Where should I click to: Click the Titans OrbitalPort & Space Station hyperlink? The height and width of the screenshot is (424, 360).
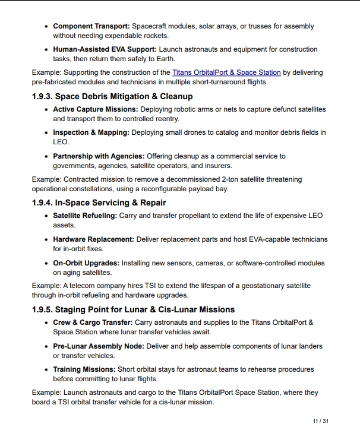[226, 72]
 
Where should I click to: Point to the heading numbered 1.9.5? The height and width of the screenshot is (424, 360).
[133, 309]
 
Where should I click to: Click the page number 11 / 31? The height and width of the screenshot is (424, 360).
[321, 420]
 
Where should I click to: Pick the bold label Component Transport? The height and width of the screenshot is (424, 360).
[91, 26]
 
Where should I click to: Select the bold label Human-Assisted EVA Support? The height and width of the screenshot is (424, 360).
[105, 49]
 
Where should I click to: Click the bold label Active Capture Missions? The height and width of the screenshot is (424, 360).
[95, 109]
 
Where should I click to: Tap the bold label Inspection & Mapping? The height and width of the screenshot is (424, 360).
[91, 132]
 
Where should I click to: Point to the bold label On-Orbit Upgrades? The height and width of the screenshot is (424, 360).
[85, 262]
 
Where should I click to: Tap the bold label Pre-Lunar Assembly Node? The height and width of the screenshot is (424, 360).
[97, 346]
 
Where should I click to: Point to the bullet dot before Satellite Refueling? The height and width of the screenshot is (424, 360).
[47, 216]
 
